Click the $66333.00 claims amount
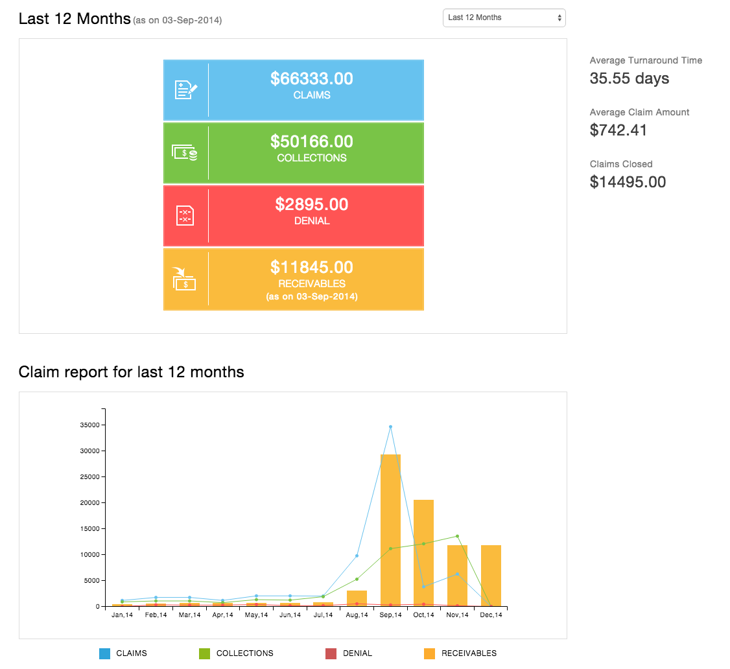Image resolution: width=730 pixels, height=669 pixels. (312, 79)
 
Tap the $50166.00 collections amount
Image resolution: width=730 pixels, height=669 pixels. (312, 142)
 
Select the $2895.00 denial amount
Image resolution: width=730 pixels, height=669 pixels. (312, 205)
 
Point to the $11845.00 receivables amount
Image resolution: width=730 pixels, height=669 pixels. (312, 267)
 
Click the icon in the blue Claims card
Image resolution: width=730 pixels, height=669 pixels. (186, 89)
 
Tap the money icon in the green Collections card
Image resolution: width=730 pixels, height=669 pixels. (185, 153)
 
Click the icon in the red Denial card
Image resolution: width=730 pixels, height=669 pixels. (185, 215)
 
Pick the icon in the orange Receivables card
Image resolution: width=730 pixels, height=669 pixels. (184, 279)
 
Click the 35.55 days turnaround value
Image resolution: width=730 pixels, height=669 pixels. (629, 79)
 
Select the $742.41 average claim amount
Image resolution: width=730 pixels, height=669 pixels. (618, 130)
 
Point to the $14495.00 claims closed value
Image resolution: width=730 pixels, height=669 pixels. (628, 182)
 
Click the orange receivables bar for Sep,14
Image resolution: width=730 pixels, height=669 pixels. (390, 532)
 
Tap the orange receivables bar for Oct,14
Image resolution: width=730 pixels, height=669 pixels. (423, 554)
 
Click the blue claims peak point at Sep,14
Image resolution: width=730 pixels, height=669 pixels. (390, 427)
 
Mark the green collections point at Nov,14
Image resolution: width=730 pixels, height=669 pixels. (457, 536)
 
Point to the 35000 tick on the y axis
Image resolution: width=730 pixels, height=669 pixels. (89, 425)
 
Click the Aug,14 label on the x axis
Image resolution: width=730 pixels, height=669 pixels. (357, 615)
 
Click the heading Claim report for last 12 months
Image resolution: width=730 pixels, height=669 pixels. (132, 372)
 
